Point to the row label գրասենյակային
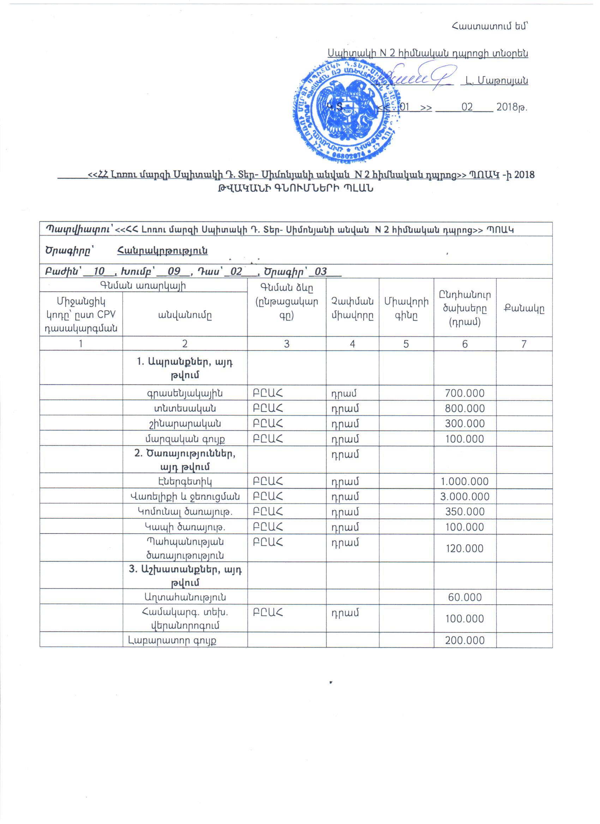[x=185, y=393]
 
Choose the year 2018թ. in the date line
[x=511, y=107]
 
